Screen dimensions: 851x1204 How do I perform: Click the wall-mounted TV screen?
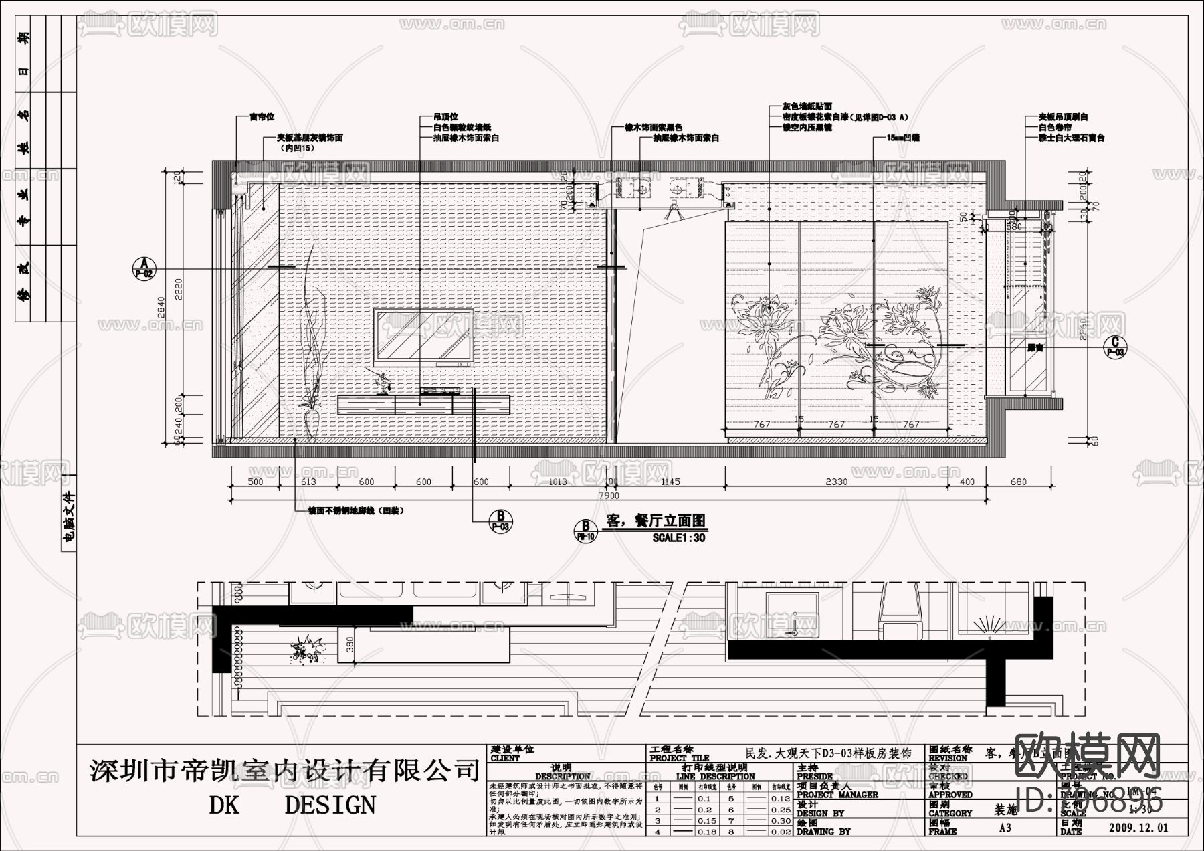(423, 337)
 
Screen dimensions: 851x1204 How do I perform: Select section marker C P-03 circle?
(1115, 345)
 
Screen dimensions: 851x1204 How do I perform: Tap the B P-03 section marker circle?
(500, 521)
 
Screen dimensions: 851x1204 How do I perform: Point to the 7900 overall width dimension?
(608, 496)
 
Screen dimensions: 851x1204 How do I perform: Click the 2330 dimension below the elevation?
(836, 482)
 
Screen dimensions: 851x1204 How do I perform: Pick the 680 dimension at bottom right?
(1018, 482)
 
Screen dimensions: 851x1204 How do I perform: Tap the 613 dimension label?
(308, 482)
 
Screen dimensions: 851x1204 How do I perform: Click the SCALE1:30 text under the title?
(678, 537)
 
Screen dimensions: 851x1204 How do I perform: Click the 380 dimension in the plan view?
(350, 645)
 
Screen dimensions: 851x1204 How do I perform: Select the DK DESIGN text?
(292, 804)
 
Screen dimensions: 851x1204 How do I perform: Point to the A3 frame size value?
(1005, 828)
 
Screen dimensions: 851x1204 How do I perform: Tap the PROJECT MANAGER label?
(837, 795)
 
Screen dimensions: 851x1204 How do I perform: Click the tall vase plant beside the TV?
(312, 348)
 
